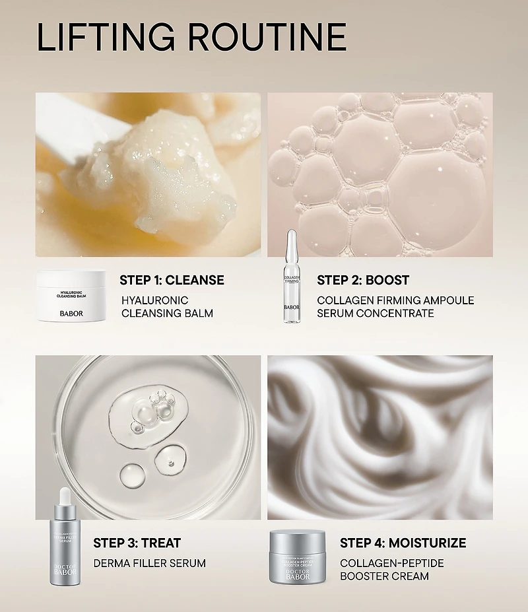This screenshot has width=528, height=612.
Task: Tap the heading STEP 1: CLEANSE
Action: (x=172, y=280)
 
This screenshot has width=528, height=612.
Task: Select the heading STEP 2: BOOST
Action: (x=363, y=280)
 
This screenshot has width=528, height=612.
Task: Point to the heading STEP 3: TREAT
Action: (x=137, y=543)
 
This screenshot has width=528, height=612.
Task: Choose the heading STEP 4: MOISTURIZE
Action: (x=403, y=543)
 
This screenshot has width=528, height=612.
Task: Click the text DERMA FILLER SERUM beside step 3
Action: (x=149, y=563)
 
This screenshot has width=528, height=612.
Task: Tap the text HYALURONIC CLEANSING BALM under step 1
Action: (x=166, y=306)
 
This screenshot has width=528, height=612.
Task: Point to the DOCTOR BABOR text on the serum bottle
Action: (x=65, y=568)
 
